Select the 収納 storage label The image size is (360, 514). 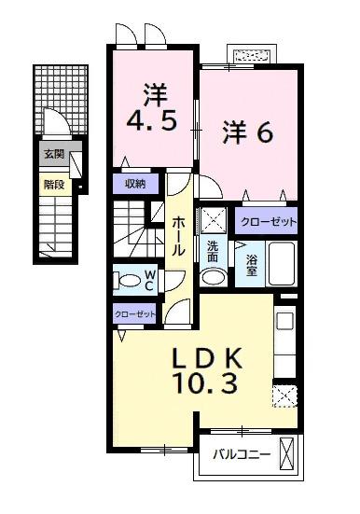(134, 184)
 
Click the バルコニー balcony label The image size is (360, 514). (241, 455)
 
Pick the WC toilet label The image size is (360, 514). (149, 280)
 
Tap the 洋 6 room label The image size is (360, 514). (246, 133)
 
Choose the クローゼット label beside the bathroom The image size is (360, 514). (267, 221)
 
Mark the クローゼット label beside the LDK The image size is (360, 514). (134, 314)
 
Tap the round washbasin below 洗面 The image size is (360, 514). (213, 276)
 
